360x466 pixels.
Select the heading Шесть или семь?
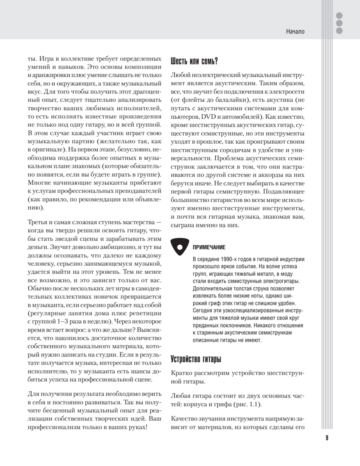[194, 61]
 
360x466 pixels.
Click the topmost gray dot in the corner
[339, 16]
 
